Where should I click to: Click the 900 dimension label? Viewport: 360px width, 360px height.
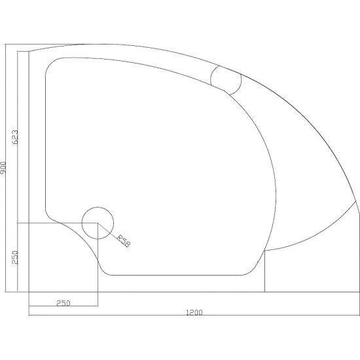5,168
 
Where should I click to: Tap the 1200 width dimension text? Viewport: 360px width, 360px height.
193,312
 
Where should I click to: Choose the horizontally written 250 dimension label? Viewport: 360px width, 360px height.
63,302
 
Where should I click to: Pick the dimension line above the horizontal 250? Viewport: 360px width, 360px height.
63,306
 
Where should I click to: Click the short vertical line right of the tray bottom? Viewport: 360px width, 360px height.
264,272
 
